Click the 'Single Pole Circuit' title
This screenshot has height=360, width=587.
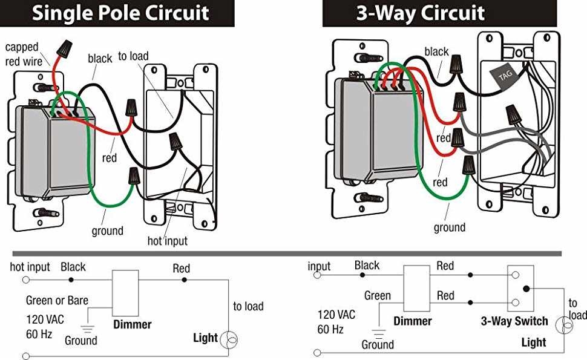point(120,13)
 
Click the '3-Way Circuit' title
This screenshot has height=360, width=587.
point(420,13)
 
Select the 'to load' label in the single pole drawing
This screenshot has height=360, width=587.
point(133,56)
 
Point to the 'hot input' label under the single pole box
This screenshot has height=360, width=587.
point(168,241)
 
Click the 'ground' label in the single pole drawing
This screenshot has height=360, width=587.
point(107,231)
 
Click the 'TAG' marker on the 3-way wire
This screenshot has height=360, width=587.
point(505,77)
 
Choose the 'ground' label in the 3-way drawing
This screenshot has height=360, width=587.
point(450,227)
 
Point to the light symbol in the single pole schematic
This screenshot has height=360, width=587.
point(228,338)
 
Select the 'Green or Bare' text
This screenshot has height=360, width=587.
point(57,300)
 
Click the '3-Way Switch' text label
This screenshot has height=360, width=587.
point(514,321)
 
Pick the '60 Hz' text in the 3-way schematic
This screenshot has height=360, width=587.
point(330,330)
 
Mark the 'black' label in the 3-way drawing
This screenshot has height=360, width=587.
point(436,51)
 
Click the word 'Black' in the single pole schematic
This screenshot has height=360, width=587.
point(73,267)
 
